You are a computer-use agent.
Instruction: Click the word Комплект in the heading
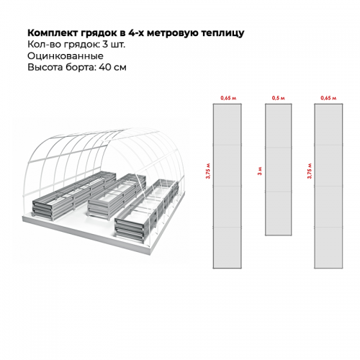(x=53, y=33)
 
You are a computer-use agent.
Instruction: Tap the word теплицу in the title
(x=222, y=33)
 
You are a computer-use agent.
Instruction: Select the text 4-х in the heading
(x=136, y=33)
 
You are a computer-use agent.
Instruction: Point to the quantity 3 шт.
(x=114, y=45)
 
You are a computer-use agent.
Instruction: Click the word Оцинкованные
(x=66, y=56)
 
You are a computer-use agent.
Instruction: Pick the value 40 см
(x=112, y=67)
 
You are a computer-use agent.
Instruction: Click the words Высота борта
(x=62, y=67)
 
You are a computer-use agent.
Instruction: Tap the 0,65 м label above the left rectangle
(x=228, y=98)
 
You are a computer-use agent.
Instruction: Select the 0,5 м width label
(x=279, y=98)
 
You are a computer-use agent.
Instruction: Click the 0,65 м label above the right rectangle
(x=328, y=98)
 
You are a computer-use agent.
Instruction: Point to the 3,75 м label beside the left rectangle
(x=208, y=171)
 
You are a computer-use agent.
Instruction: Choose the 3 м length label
(x=260, y=171)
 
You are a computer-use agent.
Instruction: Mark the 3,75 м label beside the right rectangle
(x=310, y=171)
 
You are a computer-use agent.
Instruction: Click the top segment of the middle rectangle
(x=279, y=126)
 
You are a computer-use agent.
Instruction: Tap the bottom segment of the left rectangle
(x=228, y=248)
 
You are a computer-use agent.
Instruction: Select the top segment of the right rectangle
(x=328, y=125)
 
